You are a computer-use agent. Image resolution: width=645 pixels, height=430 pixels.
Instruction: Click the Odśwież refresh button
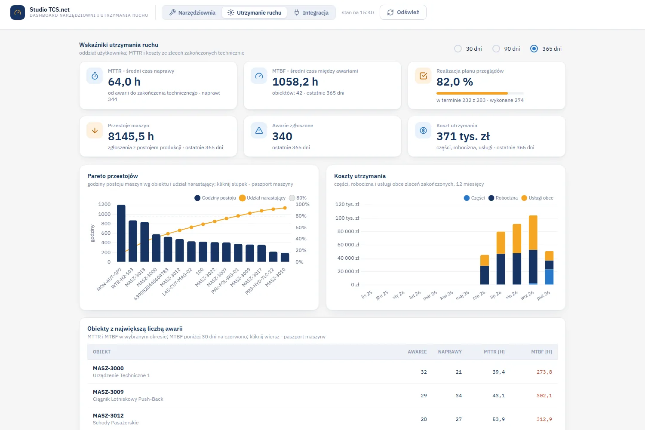pyautogui.click(x=403, y=12)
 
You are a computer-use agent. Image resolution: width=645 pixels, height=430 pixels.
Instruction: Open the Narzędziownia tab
pyautogui.click(x=192, y=12)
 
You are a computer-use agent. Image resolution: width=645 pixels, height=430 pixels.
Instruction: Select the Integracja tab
pyautogui.click(x=311, y=12)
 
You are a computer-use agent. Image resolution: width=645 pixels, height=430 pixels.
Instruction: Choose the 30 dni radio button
pyautogui.click(x=458, y=49)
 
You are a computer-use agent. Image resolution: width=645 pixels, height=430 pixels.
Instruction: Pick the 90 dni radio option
pyautogui.click(x=496, y=49)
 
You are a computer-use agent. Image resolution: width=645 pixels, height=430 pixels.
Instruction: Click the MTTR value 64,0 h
pyautogui.click(x=124, y=82)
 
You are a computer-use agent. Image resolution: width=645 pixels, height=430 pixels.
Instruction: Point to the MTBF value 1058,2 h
pyautogui.click(x=295, y=82)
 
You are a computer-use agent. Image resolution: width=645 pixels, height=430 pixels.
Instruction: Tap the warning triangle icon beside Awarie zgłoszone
pyautogui.click(x=259, y=130)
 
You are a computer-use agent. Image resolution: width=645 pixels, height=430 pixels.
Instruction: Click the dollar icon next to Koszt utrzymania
pyautogui.click(x=423, y=130)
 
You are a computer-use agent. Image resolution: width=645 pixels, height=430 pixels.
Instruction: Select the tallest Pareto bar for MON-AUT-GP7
pyautogui.click(x=121, y=233)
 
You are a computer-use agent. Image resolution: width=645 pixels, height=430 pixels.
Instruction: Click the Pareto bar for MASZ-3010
pyautogui.click(x=285, y=258)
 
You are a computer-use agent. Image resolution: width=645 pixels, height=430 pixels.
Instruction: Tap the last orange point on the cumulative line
pyautogui.click(x=285, y=208)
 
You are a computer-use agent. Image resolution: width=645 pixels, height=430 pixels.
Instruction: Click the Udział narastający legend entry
pyautogui.click(x=262, y=198)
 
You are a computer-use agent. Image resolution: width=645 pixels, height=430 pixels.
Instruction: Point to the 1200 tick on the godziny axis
pyautogui.click(x=104, y=204)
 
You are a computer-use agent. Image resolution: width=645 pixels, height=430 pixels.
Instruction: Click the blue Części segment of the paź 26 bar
pyautogui.click(x=549, y=277)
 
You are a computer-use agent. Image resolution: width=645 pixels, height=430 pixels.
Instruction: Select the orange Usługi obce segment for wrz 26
pyautogui.click(x=533, y=233)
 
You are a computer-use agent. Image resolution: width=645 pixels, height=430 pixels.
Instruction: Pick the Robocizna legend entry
pyautogui.click(x=503, y=198)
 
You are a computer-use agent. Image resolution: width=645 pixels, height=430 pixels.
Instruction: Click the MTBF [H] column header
pyautogui.click(x=541, y=352)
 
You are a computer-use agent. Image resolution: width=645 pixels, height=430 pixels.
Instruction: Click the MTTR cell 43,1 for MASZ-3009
pyautogui.click(x=498, y=396)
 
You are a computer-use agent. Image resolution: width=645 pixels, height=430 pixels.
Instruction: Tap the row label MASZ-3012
pyautogui.click(x=108, y=415)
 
